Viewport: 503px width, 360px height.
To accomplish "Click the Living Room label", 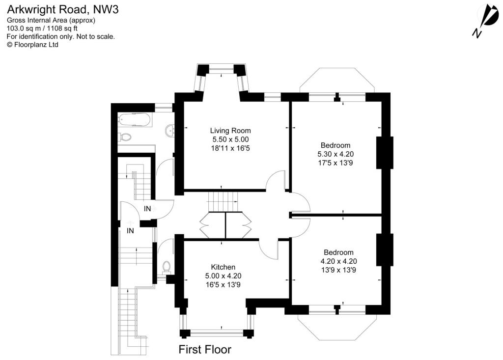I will [x=230, y=131].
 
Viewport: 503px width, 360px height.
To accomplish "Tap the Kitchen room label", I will [x=223, y=267].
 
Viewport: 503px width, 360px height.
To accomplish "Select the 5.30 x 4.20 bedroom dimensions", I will [x=335, y=154].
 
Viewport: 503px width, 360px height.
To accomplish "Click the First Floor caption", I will [x=204, y=350].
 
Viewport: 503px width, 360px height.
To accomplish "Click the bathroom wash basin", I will [x=170, y=130].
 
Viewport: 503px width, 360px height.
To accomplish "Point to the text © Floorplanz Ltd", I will [x=32, y=44].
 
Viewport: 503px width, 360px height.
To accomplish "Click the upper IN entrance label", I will [x=147, y=209].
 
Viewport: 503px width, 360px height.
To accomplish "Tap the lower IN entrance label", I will [x=131, y=230].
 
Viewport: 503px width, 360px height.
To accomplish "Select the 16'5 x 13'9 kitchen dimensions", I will [x=223, y=284].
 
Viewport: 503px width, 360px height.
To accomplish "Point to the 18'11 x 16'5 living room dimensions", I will [x=230, y=148].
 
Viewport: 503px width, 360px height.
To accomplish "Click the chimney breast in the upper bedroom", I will [x=385, y=153].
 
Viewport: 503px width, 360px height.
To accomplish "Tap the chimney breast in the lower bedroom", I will [x=385, y=250].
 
